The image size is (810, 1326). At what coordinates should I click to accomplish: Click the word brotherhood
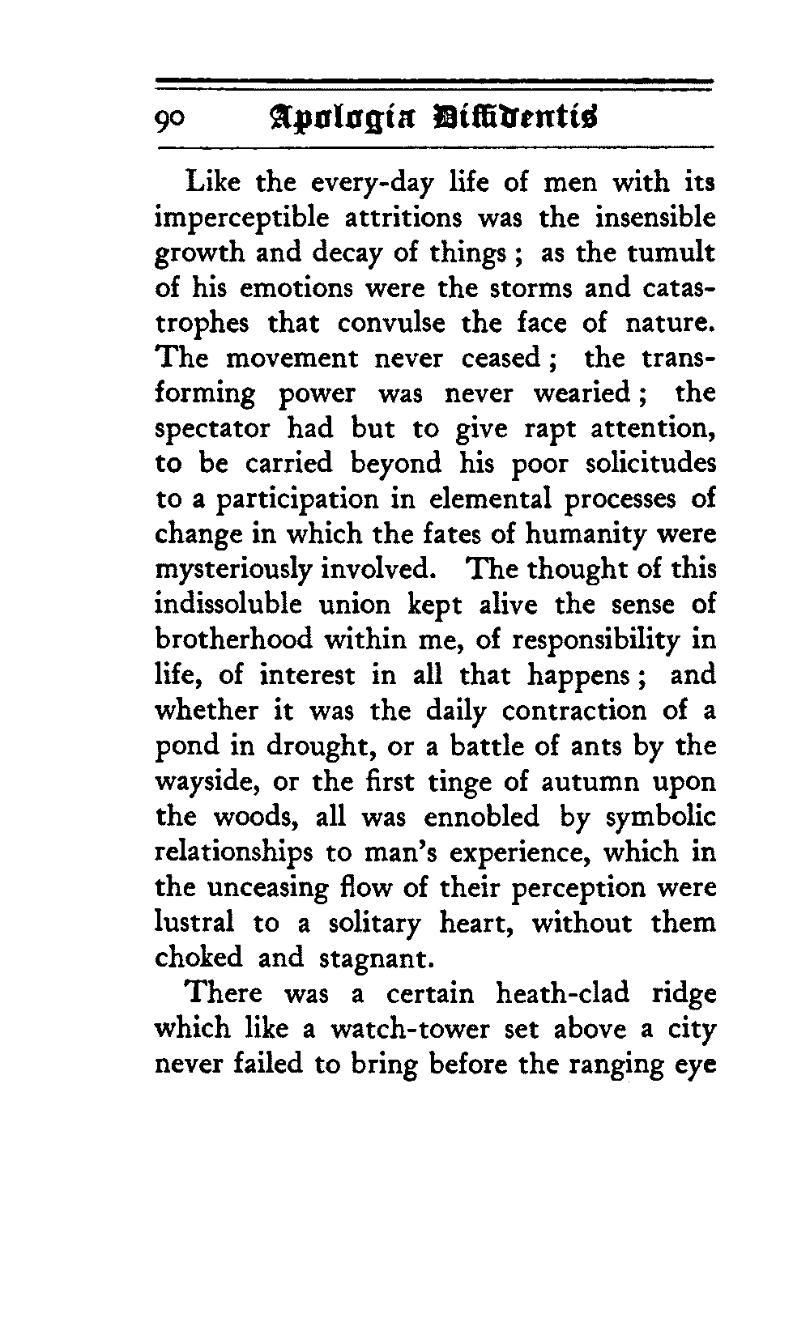point(233,640)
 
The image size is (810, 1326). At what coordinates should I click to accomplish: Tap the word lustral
point(194,923)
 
